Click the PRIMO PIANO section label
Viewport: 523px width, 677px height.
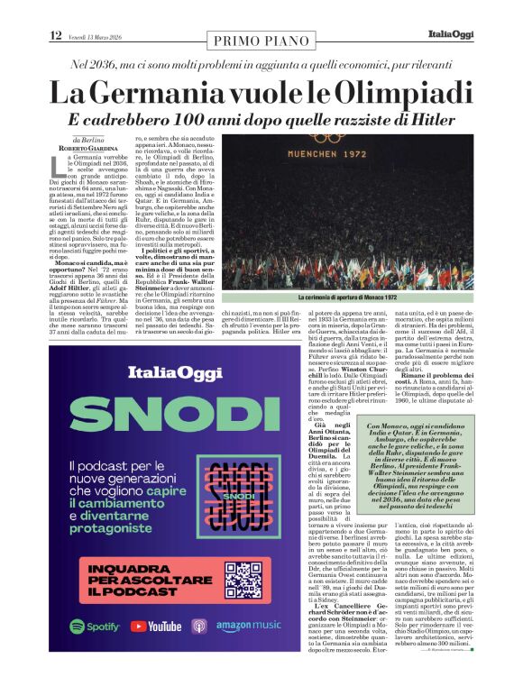pyautogui.click(x=261, y=40)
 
